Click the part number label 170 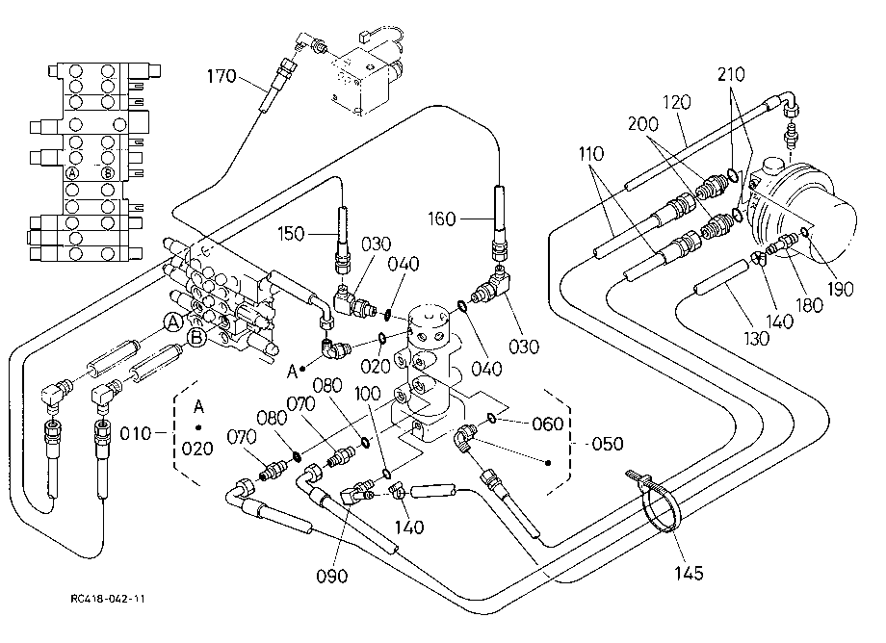click(221, 76)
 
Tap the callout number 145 click(689, 573)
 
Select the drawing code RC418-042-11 click(108, 599)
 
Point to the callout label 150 click(291, 233)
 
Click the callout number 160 click(441, 219)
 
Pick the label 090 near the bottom click(331, 576)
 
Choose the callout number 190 click(840, 289)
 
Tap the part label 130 click(757, 338)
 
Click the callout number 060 click(548, 424)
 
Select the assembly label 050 click(608, 443)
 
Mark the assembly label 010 click(136, 433)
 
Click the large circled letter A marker click(173, 322)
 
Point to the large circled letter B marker click(196, 338)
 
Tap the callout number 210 click(731, 74)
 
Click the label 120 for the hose click(676, 102)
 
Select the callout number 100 click(367, 394)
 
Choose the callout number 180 click(809, 305)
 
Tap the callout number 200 click(643, 123)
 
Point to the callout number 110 click(591, 153)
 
